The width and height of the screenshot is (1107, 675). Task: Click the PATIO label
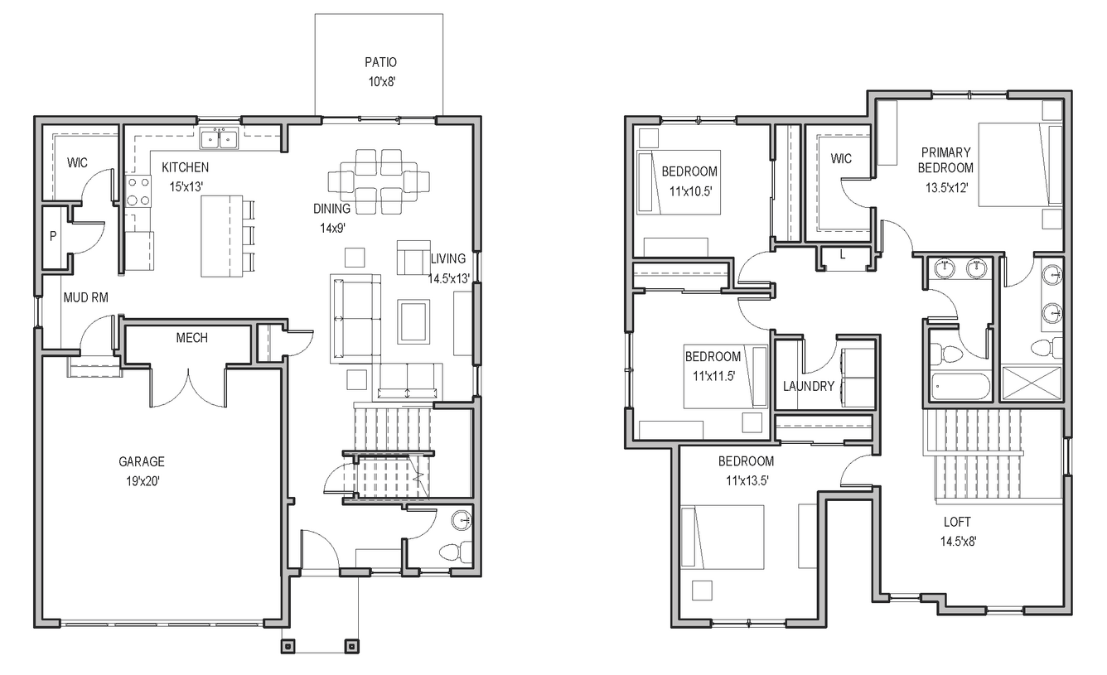point(380,62)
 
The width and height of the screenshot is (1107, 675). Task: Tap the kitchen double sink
point(219,137)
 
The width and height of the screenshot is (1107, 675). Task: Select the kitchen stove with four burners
point(138,191)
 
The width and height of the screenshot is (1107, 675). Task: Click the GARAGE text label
point(142,461)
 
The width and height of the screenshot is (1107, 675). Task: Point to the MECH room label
point(191,338)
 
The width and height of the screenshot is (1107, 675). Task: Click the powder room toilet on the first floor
point(457,552)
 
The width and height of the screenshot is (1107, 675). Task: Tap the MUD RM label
point(85,297)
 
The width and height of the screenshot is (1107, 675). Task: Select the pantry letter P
point(53,236)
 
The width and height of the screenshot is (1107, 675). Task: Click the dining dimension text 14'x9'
point(332,229)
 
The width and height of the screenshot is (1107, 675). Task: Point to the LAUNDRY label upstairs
point(809,386)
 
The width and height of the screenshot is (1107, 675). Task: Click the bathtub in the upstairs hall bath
point(960,386)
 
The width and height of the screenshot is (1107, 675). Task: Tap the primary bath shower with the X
point(1032,383)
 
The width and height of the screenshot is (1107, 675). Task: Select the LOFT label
point(957,522)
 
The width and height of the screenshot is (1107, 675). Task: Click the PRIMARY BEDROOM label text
point(945,160)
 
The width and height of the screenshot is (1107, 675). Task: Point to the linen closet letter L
point(843,255)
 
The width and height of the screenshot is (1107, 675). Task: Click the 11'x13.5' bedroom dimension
point(747,480)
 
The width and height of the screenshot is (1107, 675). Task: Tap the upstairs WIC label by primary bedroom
point(841,159)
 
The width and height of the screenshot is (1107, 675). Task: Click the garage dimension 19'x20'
point(143,481)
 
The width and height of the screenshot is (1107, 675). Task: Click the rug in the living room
point(413,321)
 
